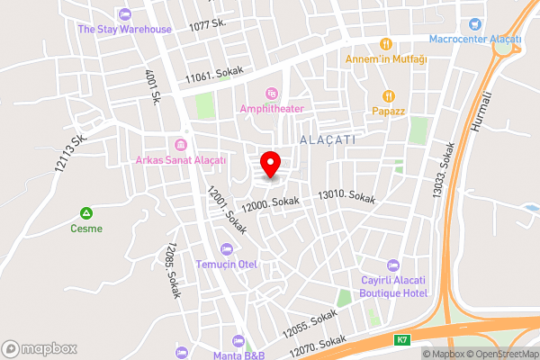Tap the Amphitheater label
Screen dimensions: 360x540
click(272, 108)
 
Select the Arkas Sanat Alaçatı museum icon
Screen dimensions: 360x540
click(181, 145)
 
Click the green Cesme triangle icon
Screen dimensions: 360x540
click(86, 213)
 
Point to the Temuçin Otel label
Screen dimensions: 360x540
click(227, 265)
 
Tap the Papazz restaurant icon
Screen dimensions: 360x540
click(389, 95)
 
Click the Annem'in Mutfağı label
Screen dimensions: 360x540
click(387, 59)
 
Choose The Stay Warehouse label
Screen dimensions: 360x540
click(124, 29)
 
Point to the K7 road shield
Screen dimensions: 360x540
click(401, 340)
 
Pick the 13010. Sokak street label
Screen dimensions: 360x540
click(346, 195)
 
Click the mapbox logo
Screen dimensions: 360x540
click(40, 348)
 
